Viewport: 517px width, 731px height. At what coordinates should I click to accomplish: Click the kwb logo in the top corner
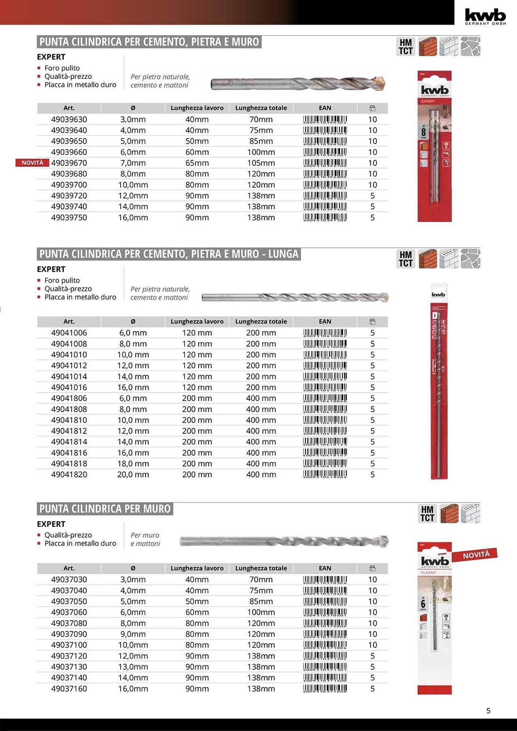[x=485, y=16]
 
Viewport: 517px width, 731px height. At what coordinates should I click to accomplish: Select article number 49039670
[x=69, y=163]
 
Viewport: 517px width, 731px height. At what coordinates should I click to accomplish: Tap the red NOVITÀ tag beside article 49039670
[x=32, y=163]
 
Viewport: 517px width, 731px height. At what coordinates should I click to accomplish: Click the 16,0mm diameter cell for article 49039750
[x=133, y=217]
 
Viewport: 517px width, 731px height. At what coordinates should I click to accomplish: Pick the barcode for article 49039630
[x=325, y=120]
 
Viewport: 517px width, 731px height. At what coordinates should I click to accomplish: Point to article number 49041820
[x=69, y=474]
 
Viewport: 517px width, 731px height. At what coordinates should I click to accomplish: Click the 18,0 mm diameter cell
[x=133, y=463]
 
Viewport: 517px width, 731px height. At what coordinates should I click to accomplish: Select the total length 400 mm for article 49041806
[x=261, y=398]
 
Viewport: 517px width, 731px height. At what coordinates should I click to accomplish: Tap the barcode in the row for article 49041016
[x=325, y=387]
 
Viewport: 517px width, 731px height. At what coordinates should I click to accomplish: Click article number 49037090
[x=69, y=634]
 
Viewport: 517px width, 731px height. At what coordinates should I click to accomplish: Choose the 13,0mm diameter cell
[x=133, y=667]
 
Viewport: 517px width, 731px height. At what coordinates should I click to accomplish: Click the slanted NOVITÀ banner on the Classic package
[x=476, y=555]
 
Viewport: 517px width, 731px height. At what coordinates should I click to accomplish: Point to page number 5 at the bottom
[x=488, y=711]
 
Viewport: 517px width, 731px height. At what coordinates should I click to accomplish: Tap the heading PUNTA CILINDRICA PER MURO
[x=105, y=509]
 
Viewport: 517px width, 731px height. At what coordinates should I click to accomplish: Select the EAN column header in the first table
[x=325, y=108]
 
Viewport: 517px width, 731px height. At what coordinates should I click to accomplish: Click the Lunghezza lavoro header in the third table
[x=197, y=568]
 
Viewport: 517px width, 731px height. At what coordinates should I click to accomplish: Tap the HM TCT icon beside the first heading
[x=405, y=47]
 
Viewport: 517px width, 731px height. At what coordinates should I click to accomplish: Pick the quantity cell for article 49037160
[x=372, y=689]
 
